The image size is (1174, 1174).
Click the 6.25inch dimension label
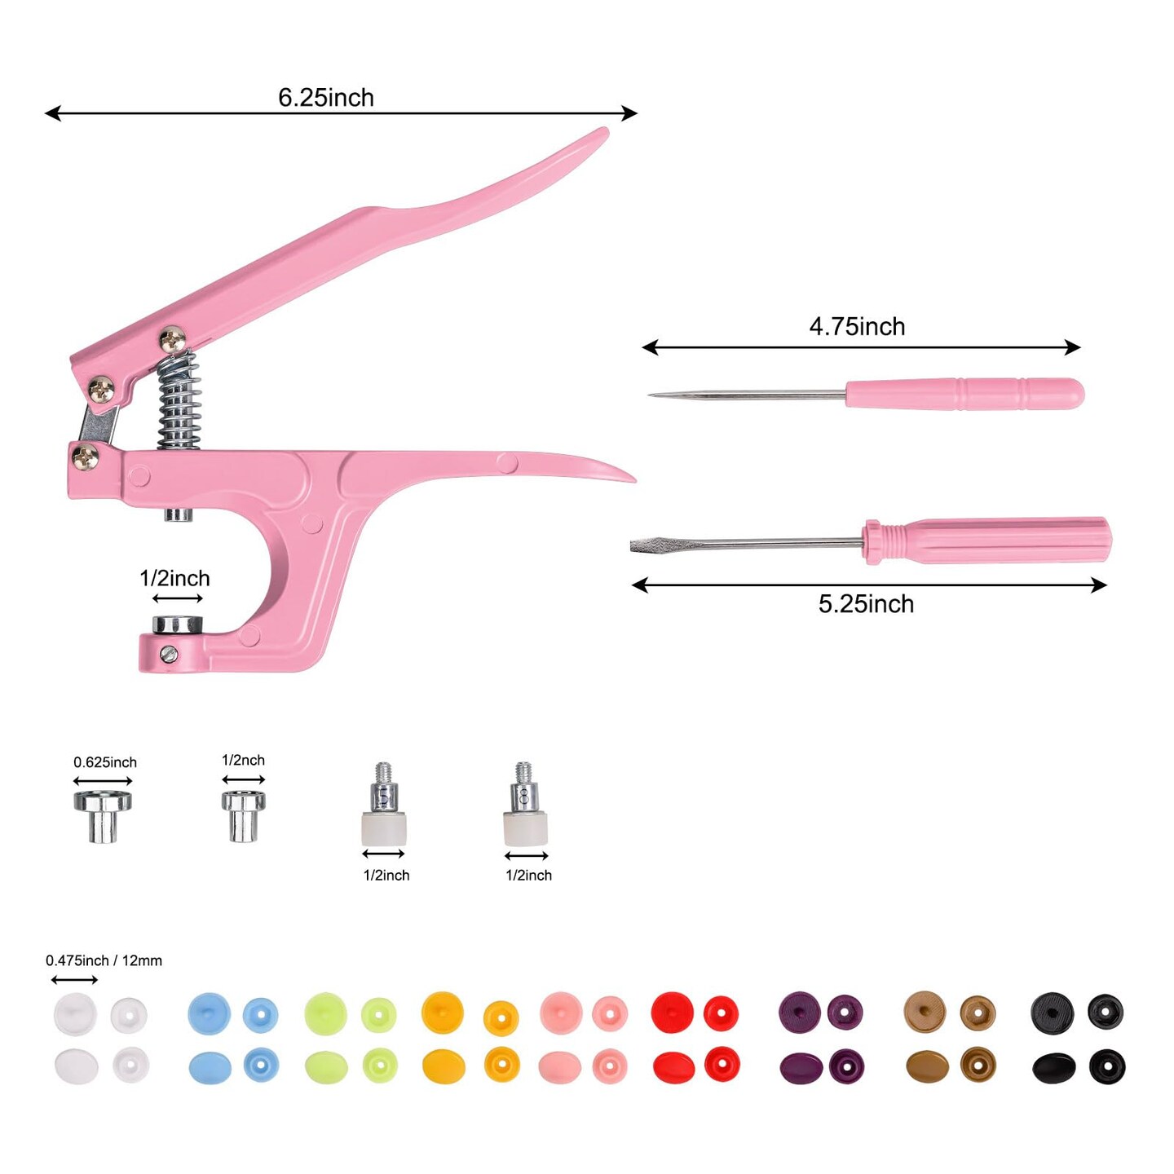coord(326,98)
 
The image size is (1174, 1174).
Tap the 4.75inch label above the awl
coord(857,327)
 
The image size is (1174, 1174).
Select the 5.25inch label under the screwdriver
coord(866,604)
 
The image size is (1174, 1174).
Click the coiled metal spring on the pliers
coord(179,401)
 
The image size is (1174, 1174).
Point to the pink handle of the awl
coord(964,394)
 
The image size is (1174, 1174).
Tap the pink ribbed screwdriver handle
coord(987,541)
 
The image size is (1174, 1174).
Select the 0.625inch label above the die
coord(105,762)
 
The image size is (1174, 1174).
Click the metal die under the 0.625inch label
coord(103,816)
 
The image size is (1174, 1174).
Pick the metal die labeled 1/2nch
coord(243,816)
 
